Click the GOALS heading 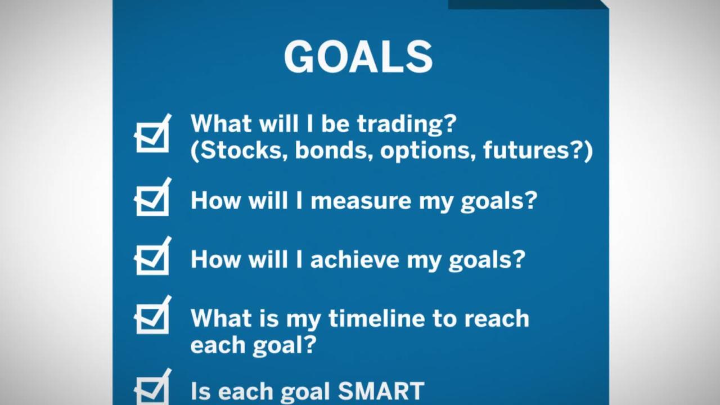(x=358, y=57)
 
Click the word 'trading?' (x=407, y=125)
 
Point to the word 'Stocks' (x=241, y=150)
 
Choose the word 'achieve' (x=354, y=260)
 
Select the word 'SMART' (x=381, y=391)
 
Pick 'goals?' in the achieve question (x=487, y=260)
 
